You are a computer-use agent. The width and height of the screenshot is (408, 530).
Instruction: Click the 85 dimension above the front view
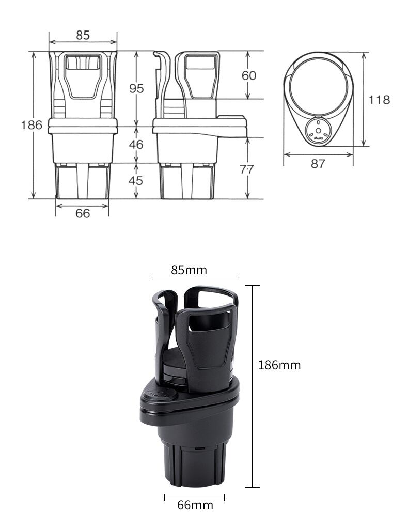click(x=83, y=35)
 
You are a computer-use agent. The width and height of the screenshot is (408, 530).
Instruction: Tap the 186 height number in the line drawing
click(x=32, y=125)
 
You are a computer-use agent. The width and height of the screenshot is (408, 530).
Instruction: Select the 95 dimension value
click(x=136, y=88)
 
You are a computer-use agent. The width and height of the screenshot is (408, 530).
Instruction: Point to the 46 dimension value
click(x=136, y=144)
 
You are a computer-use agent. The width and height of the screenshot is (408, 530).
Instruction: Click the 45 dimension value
click(x=136, y=180)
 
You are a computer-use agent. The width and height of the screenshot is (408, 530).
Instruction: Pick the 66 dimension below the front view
click(x=83, y=213)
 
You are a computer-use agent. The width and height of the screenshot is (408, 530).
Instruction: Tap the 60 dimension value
click(x=249, y=75)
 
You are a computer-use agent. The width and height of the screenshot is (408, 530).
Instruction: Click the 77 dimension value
click(x=246, y=169)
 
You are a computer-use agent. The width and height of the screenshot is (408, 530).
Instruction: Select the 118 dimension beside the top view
click(x=379, y=100)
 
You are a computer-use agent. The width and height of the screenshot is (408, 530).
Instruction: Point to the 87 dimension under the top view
click(x=318, y=164)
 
